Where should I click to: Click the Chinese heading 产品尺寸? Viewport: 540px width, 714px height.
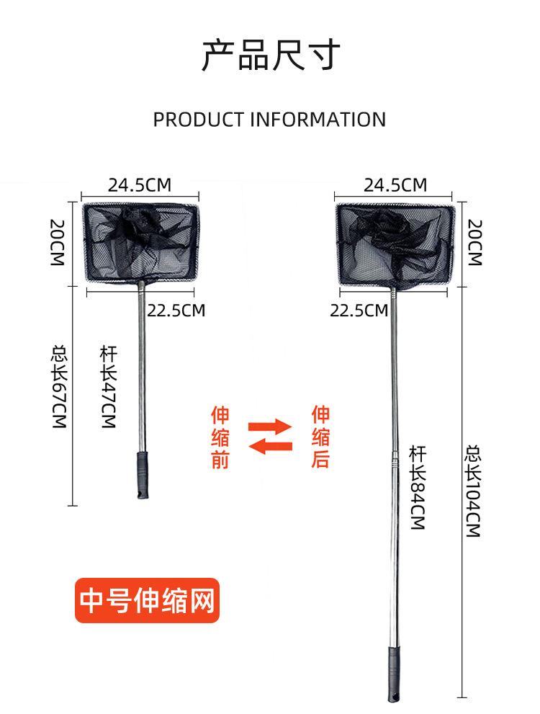click(x=271, y=55)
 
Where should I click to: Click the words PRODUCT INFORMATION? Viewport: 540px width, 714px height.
click(x=269, y=120)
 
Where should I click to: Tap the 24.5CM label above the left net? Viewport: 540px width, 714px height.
click(x=140, y=185)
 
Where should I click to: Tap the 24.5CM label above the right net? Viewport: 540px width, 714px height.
click(x=395, y=185)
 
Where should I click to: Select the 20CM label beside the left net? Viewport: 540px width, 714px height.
click(x=58, y=242)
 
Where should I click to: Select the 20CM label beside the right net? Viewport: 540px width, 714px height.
click(x=474, y=242)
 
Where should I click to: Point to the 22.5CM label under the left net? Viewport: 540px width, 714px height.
click(x=176, y=311)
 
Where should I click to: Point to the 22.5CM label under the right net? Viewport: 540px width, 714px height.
click(x=359, y=311)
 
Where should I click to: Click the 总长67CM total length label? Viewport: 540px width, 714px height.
click(x=59, y=387)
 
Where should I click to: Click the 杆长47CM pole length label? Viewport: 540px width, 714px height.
click(x=109, y=387)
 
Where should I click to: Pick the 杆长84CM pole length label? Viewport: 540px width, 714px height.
click(x=417, y=488)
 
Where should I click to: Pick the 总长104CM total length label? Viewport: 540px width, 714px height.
click(x=473, y=491)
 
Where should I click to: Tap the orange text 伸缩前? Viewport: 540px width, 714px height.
click(x=220, y=437)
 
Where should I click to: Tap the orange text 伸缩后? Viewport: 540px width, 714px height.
click(x=320, y=437)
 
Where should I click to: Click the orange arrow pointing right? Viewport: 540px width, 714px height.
click(x=270, y=427)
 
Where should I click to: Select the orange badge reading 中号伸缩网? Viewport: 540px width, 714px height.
click(x=147, y=600)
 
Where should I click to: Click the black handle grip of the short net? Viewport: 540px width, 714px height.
click(x=143, y=475)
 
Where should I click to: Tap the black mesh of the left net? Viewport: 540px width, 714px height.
click(x=140, y=242)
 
